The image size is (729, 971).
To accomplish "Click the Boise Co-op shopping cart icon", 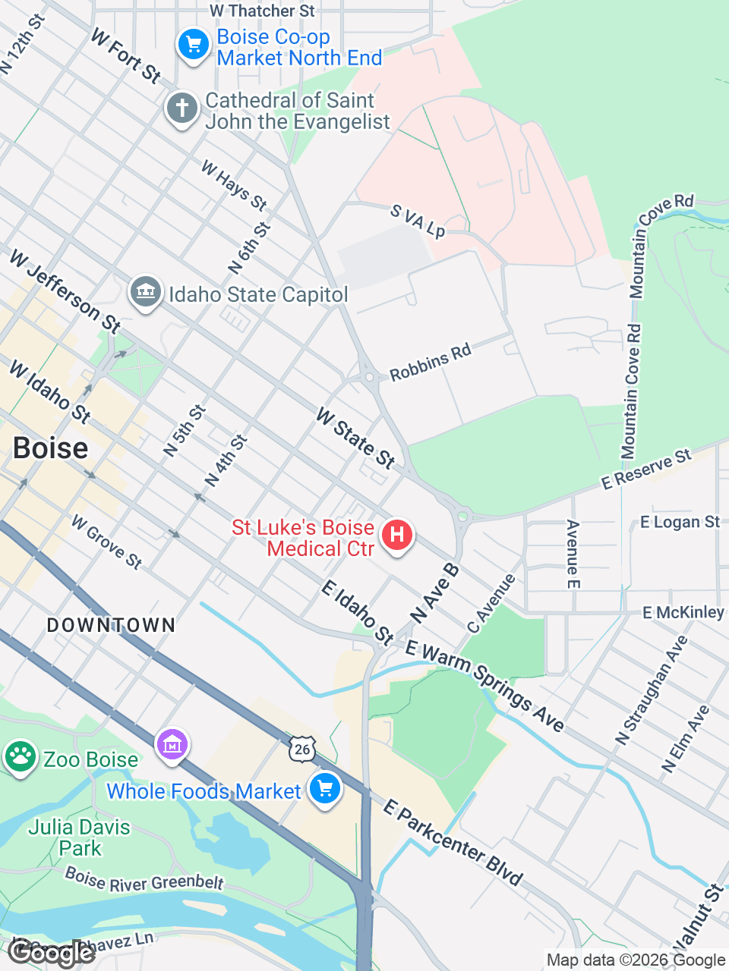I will point(194,45).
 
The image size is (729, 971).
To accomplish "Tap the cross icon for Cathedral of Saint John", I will point(182,108).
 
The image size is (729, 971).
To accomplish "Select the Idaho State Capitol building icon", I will point(145,292).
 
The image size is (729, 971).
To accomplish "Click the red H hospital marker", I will point(396,536).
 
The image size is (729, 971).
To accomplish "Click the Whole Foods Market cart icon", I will point(325,789).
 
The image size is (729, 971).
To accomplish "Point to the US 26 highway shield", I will point(302,749).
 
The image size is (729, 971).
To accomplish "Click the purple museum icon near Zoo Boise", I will point(172,744).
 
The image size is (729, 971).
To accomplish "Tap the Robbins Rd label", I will point(430,362).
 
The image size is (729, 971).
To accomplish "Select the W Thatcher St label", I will point(262,11).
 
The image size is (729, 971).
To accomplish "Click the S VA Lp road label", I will point(418,220).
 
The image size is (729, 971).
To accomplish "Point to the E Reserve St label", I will point(646,469).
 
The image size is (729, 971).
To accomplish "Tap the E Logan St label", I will point(680,522).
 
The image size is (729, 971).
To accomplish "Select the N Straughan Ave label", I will point(652,690).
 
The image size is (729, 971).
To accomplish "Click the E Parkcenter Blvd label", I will point(453,842).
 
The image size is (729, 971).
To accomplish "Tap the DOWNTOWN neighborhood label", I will point(111,625).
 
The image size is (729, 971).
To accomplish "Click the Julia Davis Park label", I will point(79,837).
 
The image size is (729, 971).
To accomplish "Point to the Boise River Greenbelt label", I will point(144,880).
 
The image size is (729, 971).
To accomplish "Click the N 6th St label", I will point(249,248).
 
